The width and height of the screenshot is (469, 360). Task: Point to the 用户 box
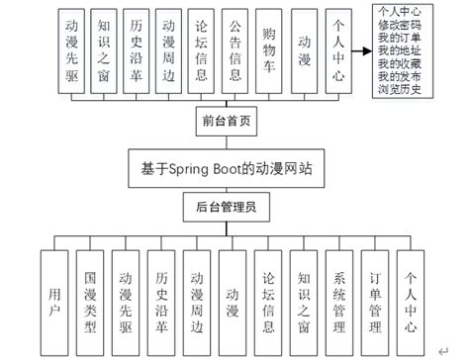point(53,296)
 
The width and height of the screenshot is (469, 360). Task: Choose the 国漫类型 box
point(89,296)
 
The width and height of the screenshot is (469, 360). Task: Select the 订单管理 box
point(376,296)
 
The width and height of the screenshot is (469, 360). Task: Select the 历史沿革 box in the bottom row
point(161,296)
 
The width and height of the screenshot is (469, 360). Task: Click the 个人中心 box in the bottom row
point(412,296)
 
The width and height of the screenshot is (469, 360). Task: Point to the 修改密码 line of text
point(405,24)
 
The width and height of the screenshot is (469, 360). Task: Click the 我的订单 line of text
point(405,37)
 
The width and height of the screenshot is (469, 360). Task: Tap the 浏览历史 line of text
point(405,89)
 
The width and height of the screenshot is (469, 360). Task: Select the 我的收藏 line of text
point(405,63)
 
